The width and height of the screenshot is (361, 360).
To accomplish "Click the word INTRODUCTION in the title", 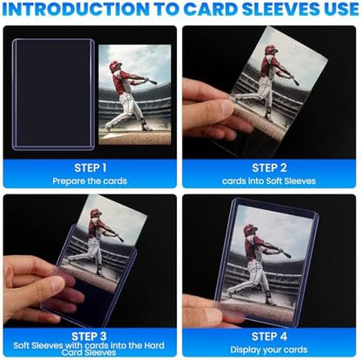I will pos(87,11).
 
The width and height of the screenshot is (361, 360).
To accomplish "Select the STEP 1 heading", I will pos(90,167).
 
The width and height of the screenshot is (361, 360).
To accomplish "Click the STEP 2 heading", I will pos(270,167).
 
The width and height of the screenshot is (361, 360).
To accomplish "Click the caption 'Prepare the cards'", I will pos(90,180).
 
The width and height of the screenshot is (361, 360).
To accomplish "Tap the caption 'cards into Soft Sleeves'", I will pos(270,180).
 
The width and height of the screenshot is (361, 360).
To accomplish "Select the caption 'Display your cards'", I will pos(270,349).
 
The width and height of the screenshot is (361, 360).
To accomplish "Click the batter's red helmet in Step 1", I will pos(116,66).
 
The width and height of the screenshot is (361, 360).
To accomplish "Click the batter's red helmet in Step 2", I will pos(271,50).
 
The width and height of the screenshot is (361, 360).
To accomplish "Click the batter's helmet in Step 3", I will pos(95,213).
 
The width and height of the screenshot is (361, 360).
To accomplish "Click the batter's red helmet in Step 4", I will pos(251,230).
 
